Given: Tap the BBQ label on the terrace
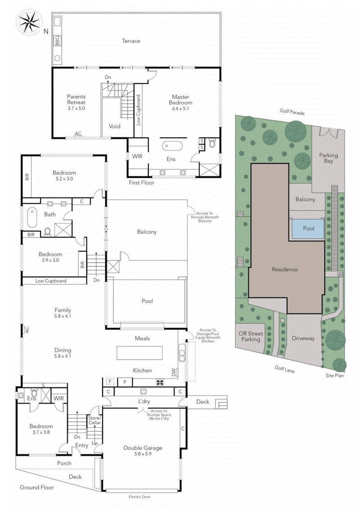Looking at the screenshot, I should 57,41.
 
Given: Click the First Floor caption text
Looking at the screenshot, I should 142,183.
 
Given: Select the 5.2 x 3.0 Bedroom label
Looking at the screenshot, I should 64,176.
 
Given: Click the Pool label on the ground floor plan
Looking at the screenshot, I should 147,301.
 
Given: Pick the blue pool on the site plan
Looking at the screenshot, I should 308,229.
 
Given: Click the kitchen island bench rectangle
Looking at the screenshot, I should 139,352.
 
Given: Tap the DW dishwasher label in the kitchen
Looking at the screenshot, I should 174,372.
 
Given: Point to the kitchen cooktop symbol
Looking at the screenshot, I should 160,383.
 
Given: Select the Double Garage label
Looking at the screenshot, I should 142,451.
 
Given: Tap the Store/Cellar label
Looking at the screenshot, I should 94,420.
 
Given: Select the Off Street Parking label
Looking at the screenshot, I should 251,336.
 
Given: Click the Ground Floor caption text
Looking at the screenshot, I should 36,487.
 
